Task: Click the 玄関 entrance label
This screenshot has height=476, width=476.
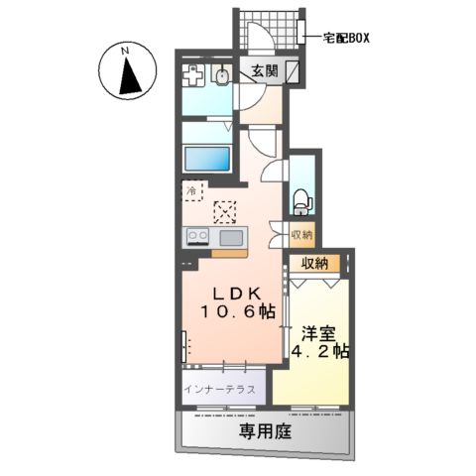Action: pyautogui.click(x=263, y=71)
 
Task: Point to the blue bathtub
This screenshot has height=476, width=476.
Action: pyautogui.click(x=207, y=159)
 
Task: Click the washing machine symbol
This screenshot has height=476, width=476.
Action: pyautogui.click(x=194, y=75)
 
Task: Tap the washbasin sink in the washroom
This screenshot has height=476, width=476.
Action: pyautogui.click(x=222, y=75)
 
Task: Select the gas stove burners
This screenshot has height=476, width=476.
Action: pyautogui.click(x=195, y=236)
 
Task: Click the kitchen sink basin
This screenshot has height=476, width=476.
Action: pyautogui.click(x=230, y=236)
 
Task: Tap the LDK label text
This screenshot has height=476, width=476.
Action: pyautogui.click(x=235, y=294)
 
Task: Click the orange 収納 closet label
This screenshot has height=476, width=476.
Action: pyautogui.click(x=316, y=265)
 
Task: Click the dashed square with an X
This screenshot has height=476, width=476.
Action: pyautogui.click(x=225, y=211)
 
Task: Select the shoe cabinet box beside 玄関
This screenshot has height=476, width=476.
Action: pyautogui.click(x=294, y=71)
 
